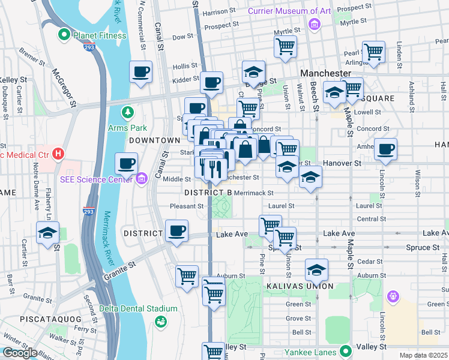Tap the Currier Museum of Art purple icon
(313, 24)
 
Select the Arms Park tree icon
(127, 112)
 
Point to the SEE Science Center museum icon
(142, 178)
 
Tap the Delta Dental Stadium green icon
(160, 322)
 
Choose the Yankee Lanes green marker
(345, 352)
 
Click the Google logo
(19, 353)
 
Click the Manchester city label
(325, 73)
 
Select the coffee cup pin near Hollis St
(140, 72)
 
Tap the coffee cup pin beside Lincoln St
(385, 149)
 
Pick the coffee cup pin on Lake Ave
(176, 231)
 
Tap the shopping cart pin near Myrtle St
(286, 46)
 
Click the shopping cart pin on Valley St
(213, 352)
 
